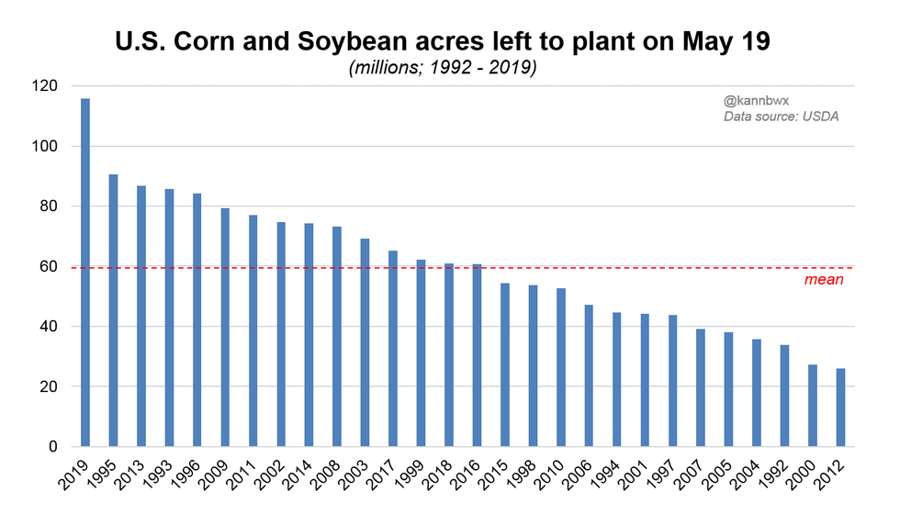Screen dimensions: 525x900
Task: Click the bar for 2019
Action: [85, 273]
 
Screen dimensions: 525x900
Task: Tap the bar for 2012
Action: [840, 408]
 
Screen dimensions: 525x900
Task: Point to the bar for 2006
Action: [589, 375]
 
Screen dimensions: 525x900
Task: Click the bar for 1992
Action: [784, 396]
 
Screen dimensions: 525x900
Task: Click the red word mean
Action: [824, 280]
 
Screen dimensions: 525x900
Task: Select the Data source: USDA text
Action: [781, 117]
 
